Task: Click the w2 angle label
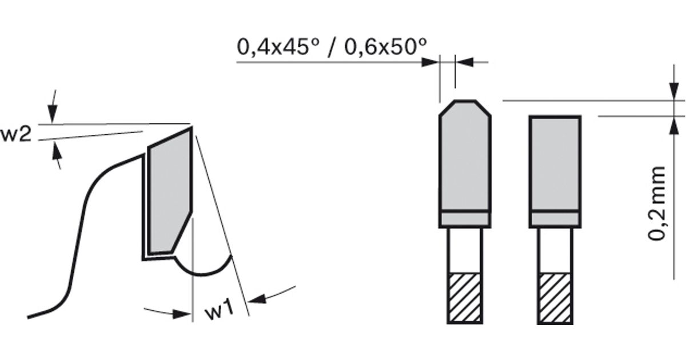pos(16,134)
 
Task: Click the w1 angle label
pos(220,310)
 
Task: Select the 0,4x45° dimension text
pos(278,47)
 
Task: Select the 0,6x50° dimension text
pos(385,47)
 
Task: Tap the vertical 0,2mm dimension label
pos(657,203)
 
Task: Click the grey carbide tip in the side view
pos(170,191)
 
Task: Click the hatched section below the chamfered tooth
pos(465,298)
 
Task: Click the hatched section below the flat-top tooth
pos(555,298)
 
